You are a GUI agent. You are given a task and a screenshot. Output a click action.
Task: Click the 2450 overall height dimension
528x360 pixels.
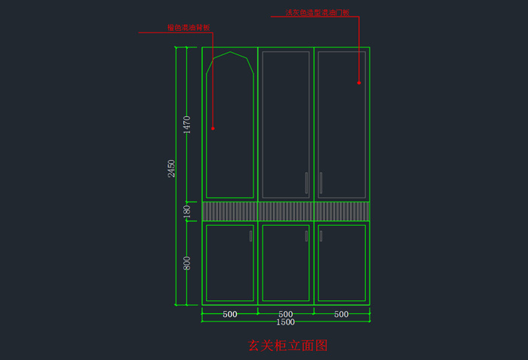(172, 168)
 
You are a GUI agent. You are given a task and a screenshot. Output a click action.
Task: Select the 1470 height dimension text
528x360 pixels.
(187, 124)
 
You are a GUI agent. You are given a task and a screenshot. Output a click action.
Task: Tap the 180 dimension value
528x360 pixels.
(187, 211)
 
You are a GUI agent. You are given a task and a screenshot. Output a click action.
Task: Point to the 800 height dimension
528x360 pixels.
(187, 263)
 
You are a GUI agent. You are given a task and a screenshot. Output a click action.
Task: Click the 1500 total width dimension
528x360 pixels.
(285, 322)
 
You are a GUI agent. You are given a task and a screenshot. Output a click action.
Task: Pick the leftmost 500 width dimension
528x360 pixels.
(230, 314)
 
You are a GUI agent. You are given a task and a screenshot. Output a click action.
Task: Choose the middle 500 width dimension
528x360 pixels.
(286, 314)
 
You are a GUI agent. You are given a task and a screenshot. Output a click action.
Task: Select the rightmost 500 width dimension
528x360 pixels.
(342, 314)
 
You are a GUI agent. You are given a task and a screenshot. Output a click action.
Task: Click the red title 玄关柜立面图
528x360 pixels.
(287, 346)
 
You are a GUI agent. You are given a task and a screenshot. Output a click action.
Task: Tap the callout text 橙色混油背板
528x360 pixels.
(189, 28)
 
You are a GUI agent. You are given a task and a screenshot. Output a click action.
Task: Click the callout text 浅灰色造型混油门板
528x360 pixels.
(317, 13)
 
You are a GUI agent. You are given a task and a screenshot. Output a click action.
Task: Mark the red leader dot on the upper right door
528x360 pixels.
(359, 82)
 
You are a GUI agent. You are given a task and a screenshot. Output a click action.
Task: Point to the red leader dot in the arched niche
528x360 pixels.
(213, 128)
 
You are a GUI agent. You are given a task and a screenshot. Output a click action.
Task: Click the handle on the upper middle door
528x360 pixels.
(306, 183)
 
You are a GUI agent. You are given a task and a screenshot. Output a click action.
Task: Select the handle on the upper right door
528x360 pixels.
(321, 183)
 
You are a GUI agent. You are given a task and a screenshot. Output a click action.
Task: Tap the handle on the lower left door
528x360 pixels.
(250, 236)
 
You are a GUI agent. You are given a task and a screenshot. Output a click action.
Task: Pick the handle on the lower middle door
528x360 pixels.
(306, 236)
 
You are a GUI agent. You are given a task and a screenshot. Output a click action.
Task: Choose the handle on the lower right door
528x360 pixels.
(321, 236)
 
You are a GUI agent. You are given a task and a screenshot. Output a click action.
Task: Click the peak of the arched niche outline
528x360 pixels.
(230, 52)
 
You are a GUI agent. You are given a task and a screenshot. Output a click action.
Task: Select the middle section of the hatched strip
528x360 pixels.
(286, 211)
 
